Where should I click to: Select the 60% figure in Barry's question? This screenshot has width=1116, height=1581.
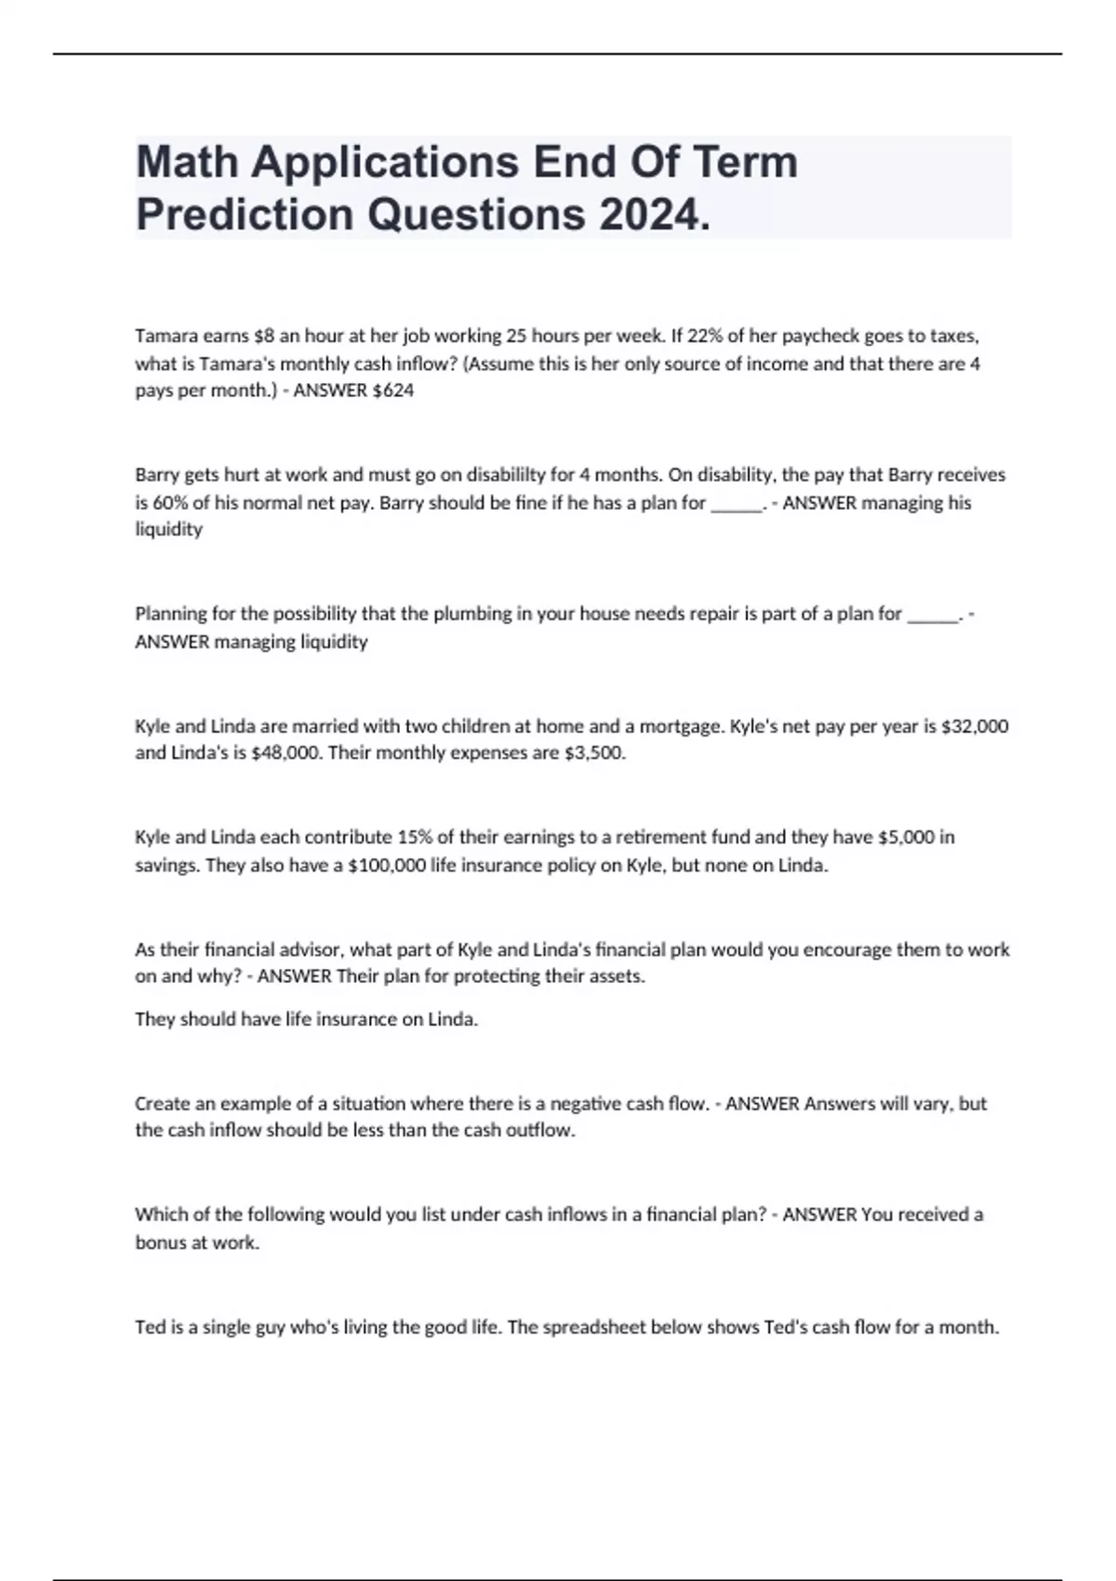click(x=153, y=503)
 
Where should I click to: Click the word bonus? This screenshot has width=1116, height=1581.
click(x=160, y=1243)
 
